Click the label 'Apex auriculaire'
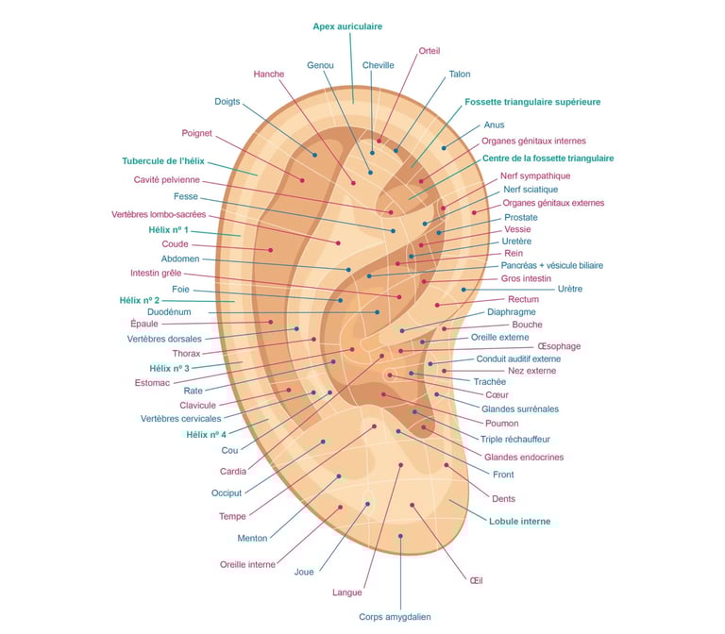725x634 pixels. (x=347, y=26)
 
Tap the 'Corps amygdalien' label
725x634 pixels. (x=395, y=617)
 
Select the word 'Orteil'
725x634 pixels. (x=430, y=51)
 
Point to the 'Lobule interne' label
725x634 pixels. (x=519, y=521)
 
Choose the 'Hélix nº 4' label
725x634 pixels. (x=206, y=435)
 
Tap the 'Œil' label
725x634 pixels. (x=476, y=580)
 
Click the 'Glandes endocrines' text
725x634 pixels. (x=523, y=458)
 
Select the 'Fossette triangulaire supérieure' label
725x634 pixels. (x=532, y=102)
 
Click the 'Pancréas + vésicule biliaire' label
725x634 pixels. (x=552, y=266)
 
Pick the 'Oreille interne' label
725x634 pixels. (x=247, y=565)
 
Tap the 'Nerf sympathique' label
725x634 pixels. (x=535, y=176)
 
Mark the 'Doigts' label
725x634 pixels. (x=227, y=101)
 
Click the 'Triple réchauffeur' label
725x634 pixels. (x=515, y=440)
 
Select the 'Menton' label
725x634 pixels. (x=252, y=539)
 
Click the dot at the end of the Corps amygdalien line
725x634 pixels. (x=400, y=537)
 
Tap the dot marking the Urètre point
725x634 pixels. (x=464, y=290)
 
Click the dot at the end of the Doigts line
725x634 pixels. (x=315, y=155)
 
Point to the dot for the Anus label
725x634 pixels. (x=444, y=148)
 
